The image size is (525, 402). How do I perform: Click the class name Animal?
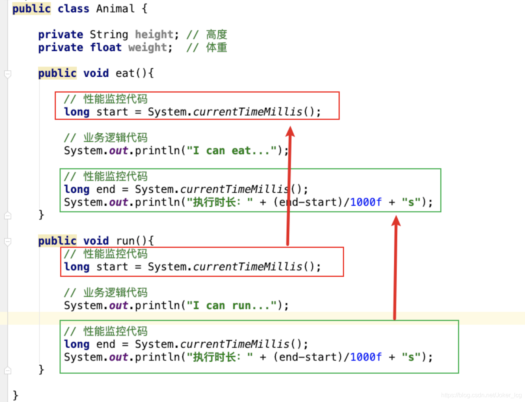(x=115, y=9)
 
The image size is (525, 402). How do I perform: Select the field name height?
(x=154, y=34)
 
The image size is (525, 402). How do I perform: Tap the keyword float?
(x=106, y=48)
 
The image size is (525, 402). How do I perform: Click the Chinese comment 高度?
(x=216, y=34)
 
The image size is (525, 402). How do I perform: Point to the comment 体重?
(x=216, y=48)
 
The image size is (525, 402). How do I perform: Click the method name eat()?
(x=130, y=73)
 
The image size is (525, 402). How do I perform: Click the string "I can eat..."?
(x=232, y=151)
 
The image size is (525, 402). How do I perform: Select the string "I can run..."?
(x=232, y=306)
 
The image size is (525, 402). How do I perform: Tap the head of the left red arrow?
(x=290, y=131)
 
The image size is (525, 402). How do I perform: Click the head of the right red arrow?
(x=396, y=221)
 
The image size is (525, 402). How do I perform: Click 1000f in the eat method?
(x=366, y=202)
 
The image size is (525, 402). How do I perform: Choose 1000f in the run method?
(x=366, y=357)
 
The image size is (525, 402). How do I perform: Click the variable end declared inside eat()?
(x=105, y=189)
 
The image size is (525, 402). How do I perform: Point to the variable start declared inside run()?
(x=112, y=267)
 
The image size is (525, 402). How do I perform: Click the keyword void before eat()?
(x=96, y=73)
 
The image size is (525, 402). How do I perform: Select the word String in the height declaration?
(x=109, y=34)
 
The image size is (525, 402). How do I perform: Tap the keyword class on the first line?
(x=73, y=9)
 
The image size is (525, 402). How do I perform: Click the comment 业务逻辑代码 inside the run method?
(x=115, y=292)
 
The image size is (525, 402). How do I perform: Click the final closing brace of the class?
(x=15, y=395)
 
